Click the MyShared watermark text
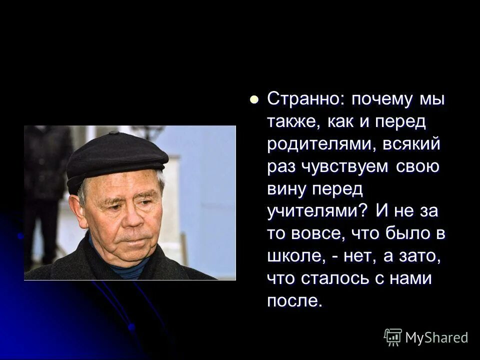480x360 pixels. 436,337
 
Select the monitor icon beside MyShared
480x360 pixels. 392,337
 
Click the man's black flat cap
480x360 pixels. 117,156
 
